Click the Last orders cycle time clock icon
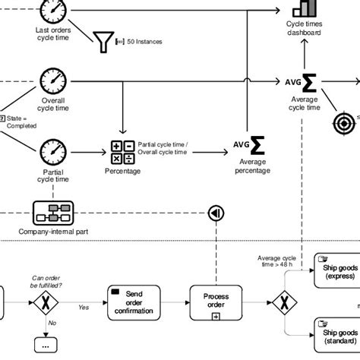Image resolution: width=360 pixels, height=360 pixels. point(53,11)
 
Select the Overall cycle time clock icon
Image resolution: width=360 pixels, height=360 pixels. point(53,81)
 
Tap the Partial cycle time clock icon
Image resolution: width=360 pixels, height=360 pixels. point(53,150)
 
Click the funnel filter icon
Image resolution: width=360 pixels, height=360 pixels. point(103,42)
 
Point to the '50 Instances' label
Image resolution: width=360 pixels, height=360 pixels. point(143,42)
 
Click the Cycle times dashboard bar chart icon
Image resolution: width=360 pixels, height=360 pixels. point(304,8)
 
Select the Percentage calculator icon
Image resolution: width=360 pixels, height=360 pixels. point(122,152)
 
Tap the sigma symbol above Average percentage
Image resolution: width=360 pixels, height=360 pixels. point(257,144)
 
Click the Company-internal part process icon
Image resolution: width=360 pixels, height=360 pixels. point(53,211)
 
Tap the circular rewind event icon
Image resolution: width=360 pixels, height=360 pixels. point(216,213)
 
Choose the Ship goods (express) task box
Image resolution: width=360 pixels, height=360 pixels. point(336,271)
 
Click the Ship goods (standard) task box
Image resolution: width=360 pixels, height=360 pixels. point(336,334)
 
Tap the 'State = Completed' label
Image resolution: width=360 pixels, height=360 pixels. point(19,122)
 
